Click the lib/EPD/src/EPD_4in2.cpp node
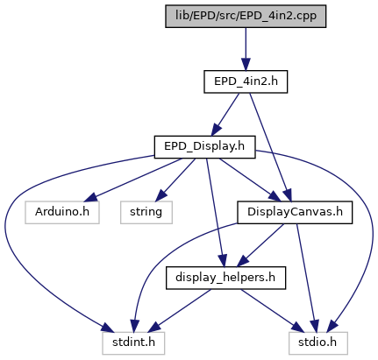click(246, 17)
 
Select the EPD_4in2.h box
click(246, 81)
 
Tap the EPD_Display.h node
click(204, 147)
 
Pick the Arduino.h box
click(62, 213)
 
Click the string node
click(146, 213)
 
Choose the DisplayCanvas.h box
click(295, 213)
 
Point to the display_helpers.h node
click(225, 278)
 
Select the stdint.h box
click(133, 343)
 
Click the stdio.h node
click(318, 343)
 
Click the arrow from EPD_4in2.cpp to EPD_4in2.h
click(246, 49)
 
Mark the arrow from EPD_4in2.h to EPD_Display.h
click(225, 115)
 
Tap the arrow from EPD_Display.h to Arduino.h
click(133, 180)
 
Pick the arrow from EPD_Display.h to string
click(175, 180)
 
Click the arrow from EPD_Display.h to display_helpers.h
click(215, 213)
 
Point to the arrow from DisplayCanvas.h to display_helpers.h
click(260, 245)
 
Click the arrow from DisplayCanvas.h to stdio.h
click(306, 278)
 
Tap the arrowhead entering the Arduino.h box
click(90, 197)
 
